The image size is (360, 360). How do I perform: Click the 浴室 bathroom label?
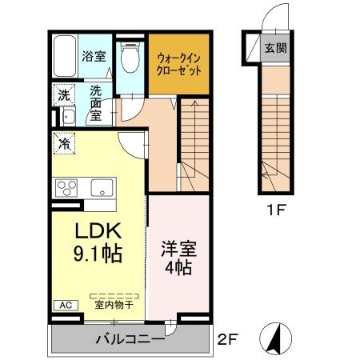pos(94,56)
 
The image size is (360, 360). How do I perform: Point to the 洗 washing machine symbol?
pos(64,95)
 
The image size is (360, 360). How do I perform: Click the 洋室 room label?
pos(177,248)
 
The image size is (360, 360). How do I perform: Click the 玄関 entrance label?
pos(276,46)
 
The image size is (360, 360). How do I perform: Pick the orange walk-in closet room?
pos(179,62)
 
